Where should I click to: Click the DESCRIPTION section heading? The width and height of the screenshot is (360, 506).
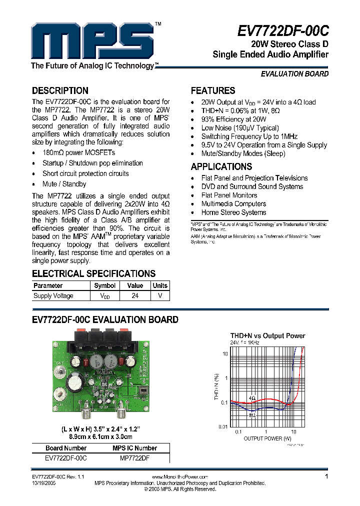pyautogui.click(x=60, y=91)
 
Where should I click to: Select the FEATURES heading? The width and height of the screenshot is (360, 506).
pyautogui.click(x=213, y=91)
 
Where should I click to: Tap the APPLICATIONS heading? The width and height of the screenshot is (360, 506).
pyautogui.click(x=221, y=167)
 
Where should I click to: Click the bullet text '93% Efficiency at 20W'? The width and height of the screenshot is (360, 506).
pyautogui.click(x=233, y=119)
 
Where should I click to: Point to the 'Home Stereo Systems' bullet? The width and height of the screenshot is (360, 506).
pyautogui.click(x=233, y=212)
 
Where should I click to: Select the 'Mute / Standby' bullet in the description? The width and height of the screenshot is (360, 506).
pyautogui.click(x=64, y=184)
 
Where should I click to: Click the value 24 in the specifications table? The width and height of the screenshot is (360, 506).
pyautogui.click(x=135, y=296)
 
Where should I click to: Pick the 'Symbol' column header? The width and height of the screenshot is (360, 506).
pyautogui.click(x=105, y=286)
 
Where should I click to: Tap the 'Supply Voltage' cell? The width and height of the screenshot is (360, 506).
pyautogui.click(x=53, y=296)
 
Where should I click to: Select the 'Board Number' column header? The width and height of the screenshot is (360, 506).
pyautogui.click(x=66, y=448)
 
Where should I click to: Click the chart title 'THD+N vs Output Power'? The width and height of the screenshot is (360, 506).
pyautogui.click(x=267, y=336)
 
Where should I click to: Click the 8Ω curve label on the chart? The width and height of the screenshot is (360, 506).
pyautogui.click(x=252, y=414)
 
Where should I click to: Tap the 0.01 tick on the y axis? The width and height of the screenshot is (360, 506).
pyautogui.click(x=222, y=426)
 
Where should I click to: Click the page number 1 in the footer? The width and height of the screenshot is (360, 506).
pyautogui.click(x=326, y=477)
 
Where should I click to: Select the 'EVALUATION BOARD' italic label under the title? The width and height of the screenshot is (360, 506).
pyautogui.click(x=294, y=74)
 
